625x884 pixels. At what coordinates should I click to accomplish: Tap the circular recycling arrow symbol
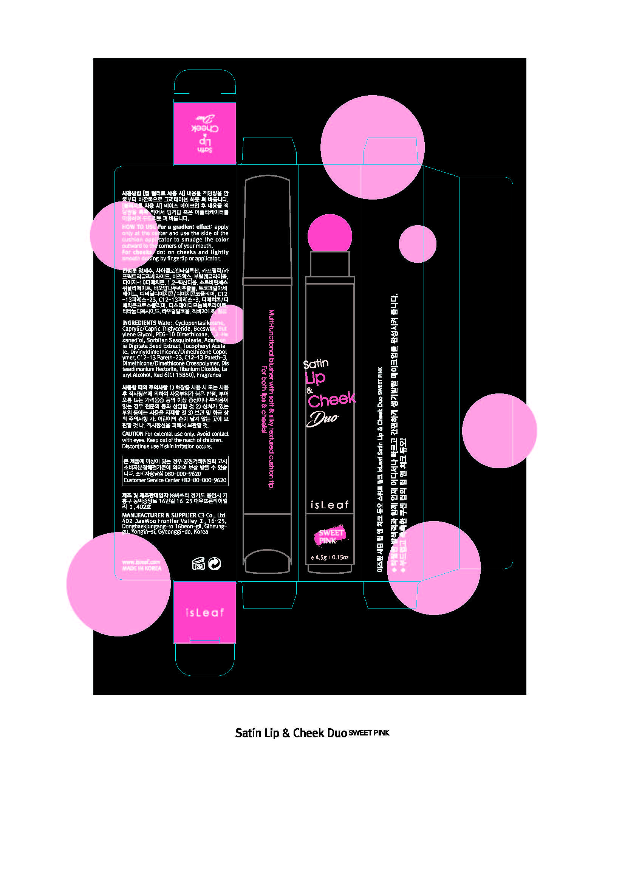tap(214, 564)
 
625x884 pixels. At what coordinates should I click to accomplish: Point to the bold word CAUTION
tap(133, 433)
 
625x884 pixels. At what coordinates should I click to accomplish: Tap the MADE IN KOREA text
tap(142, 568)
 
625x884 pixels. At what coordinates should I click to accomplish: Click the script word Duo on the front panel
tap(322, 418)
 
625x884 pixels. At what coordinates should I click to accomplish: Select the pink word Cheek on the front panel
tap(332, 400)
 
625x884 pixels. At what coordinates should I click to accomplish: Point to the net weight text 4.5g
tap(321, 557)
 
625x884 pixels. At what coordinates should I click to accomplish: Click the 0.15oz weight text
tap(340, 557)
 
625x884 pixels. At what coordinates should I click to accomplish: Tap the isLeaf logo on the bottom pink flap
tap(204, 613)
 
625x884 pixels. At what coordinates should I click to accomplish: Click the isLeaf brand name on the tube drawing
tap(330, 505)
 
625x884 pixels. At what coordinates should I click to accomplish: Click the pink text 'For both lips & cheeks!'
tap(264, 399)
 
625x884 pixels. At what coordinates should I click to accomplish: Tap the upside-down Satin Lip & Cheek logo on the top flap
tap(205, 133)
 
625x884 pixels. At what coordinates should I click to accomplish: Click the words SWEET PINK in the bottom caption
tap(369, 733)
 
